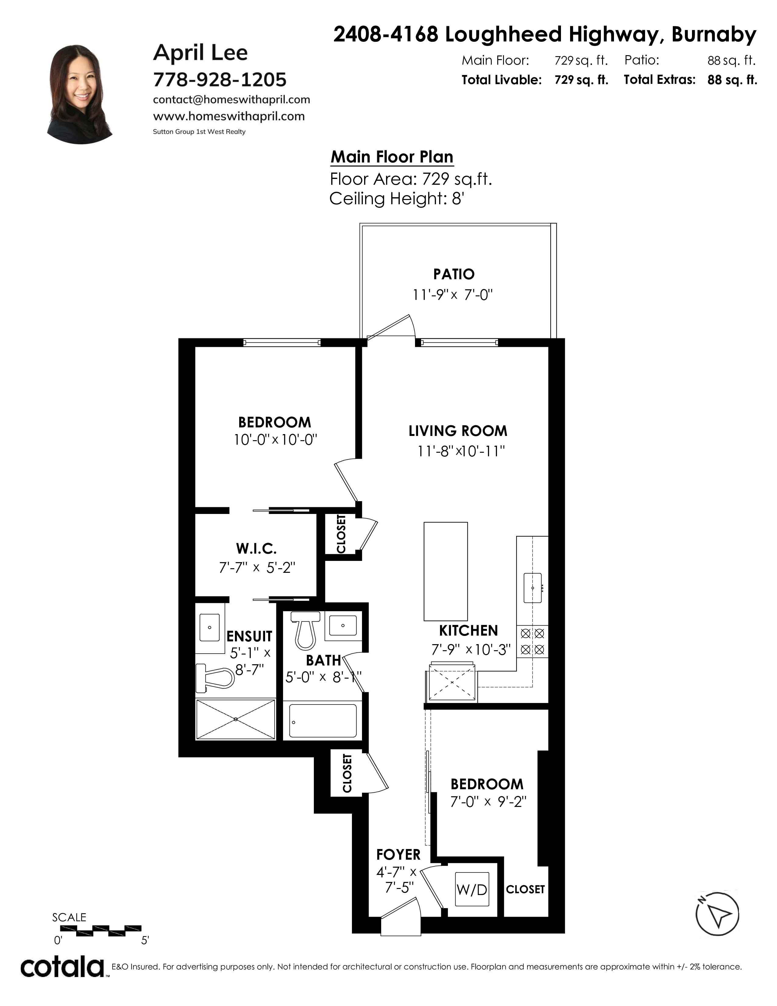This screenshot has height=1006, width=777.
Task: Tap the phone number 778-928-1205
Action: click(x=220, y=80)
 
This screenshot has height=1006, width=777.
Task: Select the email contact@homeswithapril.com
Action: click(x=232, y=99)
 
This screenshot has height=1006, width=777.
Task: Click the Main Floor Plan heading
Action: click(x=392, y=157)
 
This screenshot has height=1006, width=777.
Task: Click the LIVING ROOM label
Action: click(x=458, y=431)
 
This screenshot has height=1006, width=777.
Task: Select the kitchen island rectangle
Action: click(x=445, y=571)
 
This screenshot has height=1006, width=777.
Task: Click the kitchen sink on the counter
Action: click(x=533, y=588)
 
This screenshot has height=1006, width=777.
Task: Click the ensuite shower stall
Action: click(x=236, y=719)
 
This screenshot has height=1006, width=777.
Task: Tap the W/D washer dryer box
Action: click(x=472, y=889)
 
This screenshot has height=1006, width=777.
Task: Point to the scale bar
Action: click(x=101, y=928)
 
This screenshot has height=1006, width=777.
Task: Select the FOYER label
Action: click(x=398, y=854)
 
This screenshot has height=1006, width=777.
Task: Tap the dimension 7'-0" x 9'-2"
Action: click(x=488, y=802)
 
